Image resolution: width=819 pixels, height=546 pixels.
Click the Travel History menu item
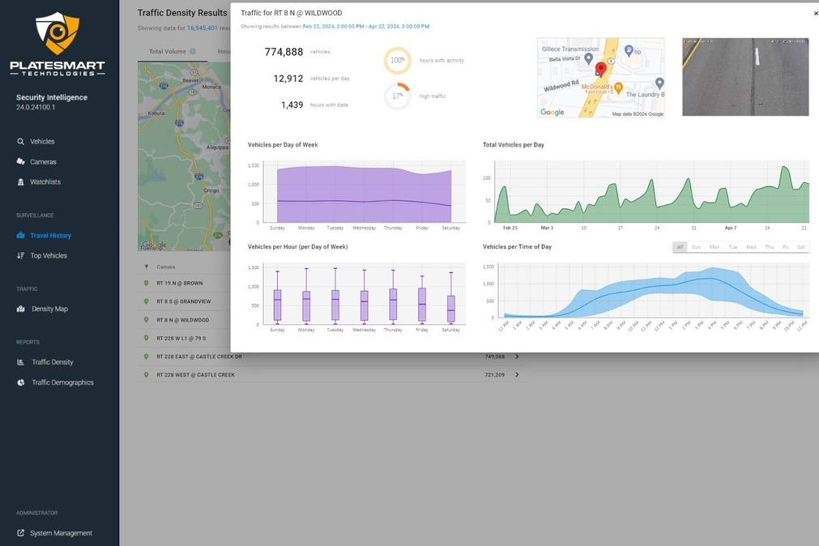(x=50, y=236)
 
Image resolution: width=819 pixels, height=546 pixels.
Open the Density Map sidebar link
(x=49, y=309)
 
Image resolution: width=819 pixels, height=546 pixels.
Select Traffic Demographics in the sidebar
(x=62, y=382)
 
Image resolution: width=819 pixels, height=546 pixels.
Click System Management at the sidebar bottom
(x=61, y=533)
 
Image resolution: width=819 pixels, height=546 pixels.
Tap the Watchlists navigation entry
(x=45, y=182)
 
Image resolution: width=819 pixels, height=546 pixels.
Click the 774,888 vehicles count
(x=284, y=52)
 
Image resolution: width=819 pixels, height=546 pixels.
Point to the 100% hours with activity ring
(x=397, y=61)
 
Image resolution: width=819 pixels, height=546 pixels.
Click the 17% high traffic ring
(x=397, y=96)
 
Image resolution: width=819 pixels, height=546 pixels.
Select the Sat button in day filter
(x=800, y=247)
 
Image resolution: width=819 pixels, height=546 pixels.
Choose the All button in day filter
(x=680, y=247)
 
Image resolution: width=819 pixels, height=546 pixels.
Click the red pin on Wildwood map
(x=601, y=70)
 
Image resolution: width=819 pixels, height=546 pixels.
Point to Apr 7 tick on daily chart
(x=730, y=228)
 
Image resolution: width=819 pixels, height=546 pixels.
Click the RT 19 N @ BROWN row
(x=181, y=284)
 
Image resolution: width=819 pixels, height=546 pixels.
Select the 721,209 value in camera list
(x=494, y=375)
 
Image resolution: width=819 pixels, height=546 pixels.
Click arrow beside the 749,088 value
(x=517, y=356)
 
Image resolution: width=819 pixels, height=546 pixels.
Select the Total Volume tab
(x=168, y=51)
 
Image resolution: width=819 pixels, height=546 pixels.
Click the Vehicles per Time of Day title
(x=517, y=247)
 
